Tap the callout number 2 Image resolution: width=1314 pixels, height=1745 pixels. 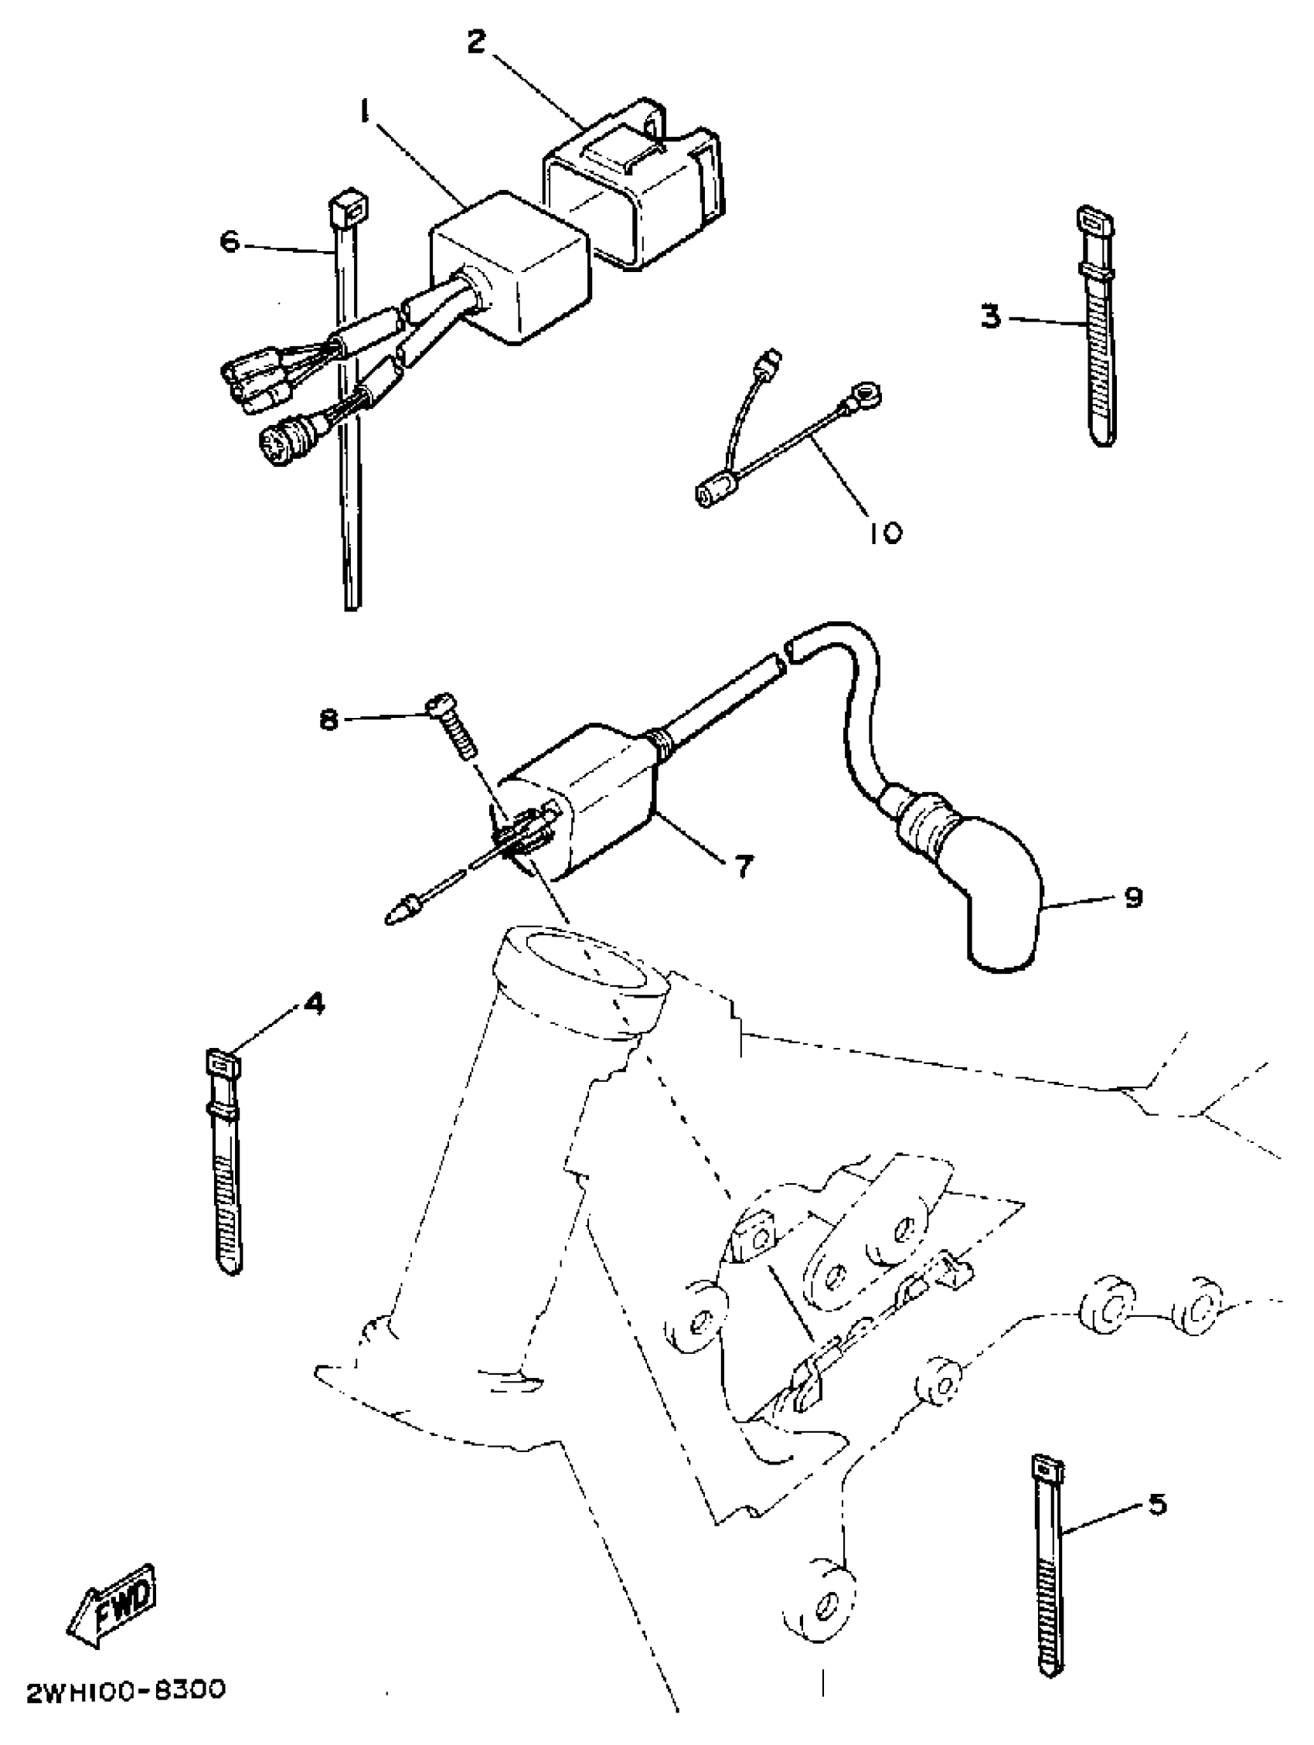(475, 42)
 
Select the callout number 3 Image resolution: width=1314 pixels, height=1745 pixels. (991, 317)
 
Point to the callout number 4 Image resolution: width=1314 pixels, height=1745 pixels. (313, 1004)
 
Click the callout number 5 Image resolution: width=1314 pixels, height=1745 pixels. (1156, 1505)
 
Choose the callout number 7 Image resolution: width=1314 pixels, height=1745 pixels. (745, 867)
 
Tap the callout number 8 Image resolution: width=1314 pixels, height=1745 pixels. (328, 719)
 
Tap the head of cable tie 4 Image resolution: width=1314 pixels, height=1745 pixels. (223, 1065)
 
